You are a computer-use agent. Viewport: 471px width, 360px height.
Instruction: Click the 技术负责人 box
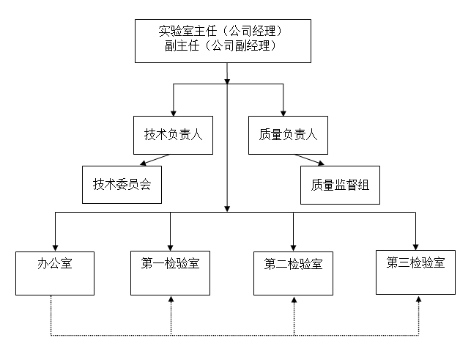coord(173,135)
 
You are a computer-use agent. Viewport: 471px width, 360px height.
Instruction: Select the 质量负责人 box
coord(283,135)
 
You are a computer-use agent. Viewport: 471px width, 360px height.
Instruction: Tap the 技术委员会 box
coord(122,185)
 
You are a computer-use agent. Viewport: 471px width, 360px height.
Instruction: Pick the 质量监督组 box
coord(339,185)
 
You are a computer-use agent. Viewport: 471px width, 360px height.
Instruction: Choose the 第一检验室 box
coord(170,273)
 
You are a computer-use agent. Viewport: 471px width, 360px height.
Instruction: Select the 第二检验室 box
coord(293,273)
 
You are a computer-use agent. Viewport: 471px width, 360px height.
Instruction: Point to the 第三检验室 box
coord(415,272)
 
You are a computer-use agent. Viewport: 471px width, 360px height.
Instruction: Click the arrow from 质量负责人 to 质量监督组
coord(311,161)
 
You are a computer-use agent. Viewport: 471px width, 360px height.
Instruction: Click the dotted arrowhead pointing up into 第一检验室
coord(170,300)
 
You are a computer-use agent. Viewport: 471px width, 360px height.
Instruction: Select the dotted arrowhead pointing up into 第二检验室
coord(293,300)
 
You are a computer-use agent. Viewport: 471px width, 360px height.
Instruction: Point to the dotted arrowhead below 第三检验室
coord(419,300)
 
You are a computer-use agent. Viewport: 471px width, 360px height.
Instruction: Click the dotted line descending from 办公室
coord(51,315)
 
